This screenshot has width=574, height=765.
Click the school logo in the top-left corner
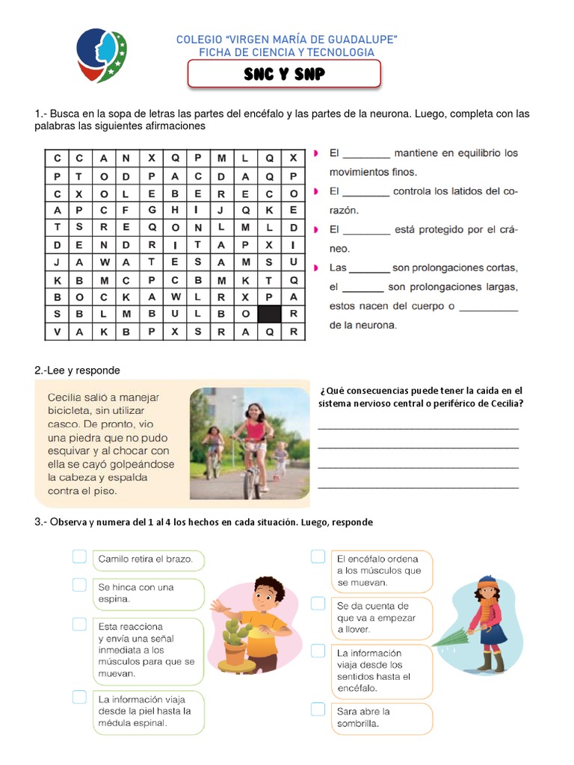[102, 56]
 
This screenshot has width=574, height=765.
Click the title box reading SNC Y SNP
[284, 75]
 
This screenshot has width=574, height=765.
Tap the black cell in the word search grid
[269, 314]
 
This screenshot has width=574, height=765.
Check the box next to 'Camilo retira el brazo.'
[80, 557]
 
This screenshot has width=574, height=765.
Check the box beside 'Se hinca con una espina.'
[80, 585]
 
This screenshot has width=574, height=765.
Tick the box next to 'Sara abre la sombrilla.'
[318, 709]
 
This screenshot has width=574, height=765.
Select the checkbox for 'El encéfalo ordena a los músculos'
[318, 557]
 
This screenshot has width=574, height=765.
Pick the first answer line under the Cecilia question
[418, 427]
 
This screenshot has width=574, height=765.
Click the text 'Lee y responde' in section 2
[82, 371]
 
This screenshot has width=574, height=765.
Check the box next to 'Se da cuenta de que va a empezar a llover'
[318, 602]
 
